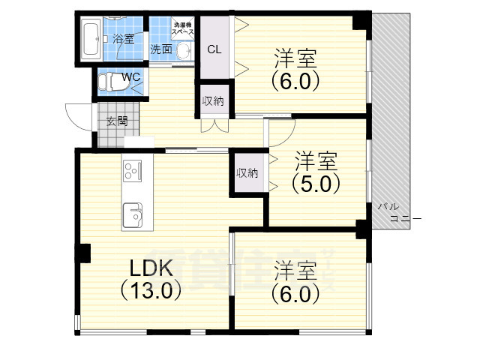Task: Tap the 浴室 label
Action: coord(124,38)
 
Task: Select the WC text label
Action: coord(131,76)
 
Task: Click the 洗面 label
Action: coord(160,50)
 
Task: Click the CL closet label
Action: coord(214,50)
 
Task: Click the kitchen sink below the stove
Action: coord(136,214)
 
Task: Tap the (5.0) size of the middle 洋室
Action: coord(316,181)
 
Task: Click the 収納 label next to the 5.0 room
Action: coord(247,172)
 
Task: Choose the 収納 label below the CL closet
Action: coord(214,102)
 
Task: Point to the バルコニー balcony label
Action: coord(397,212)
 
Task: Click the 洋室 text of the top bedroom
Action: coord(295,56)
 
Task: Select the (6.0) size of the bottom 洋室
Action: coord(296,292)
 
